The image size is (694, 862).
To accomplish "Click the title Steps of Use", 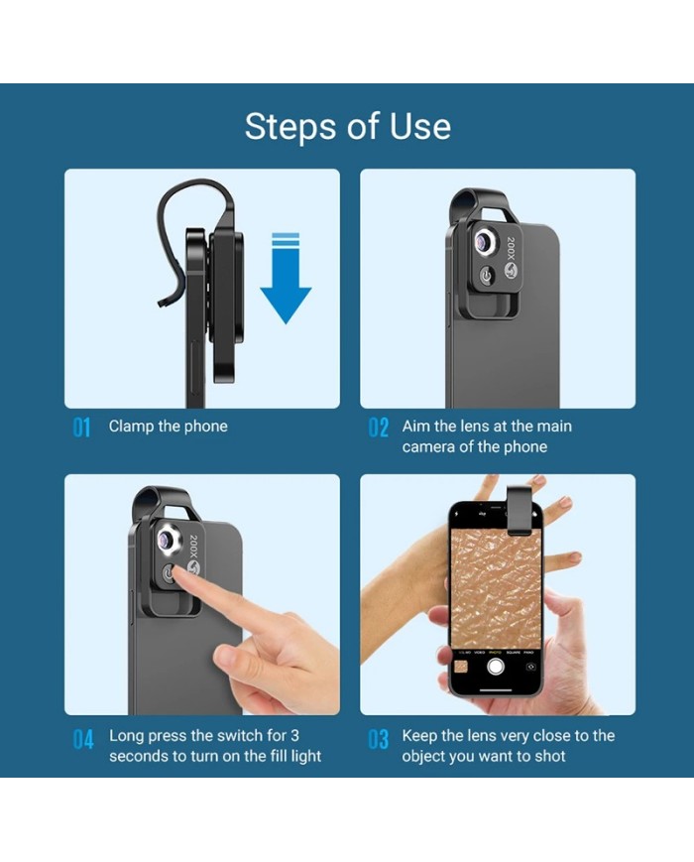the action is click(x=347, y=126).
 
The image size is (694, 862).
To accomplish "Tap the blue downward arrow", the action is click(x=286, y=278).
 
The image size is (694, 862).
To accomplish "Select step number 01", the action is click(x=81, y=428).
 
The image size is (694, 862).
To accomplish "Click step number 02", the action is click(x=378, y=428).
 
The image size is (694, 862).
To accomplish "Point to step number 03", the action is click(x=378, y=739).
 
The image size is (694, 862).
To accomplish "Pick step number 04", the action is click(x=83, y=739).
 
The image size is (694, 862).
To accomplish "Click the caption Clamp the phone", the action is click(x=169, y=427).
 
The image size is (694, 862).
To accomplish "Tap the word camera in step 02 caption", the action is click(x=428, y=447).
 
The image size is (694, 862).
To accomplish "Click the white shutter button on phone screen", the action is click(x=496, y=667).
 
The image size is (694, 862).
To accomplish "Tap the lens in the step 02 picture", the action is click(x=485, y=241).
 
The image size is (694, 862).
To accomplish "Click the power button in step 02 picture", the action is click(x=486, y=275).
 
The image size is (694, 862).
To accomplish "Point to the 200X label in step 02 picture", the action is click(x=511, y=250).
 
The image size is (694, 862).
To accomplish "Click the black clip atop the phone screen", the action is click(x=520, y=510).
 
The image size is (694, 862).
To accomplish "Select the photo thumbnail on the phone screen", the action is click(x=461, y=668).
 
